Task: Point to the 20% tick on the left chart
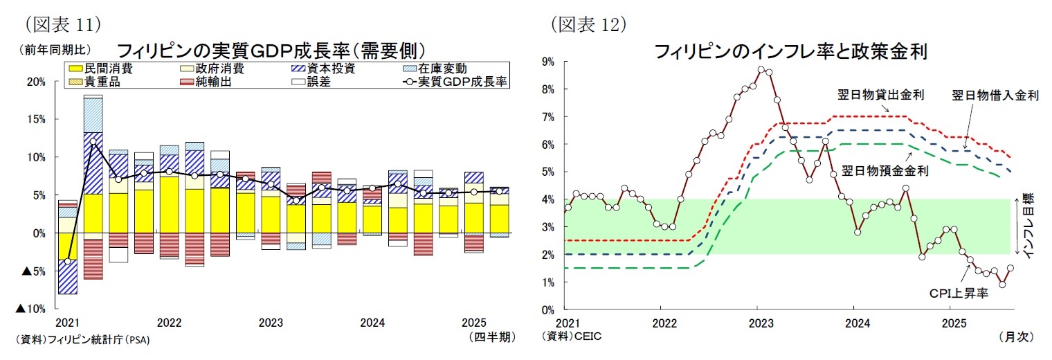(x=36, y=82)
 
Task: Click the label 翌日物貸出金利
(x=890, y=95)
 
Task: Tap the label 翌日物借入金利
(x=995, y=95)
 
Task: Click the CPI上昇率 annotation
(x=958, y=294)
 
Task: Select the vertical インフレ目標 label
(x=1029, y=226)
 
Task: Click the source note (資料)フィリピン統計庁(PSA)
(x=82, y=340)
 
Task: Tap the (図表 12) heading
(x=588, y=25)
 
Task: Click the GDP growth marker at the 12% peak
(x=93, y=142)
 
